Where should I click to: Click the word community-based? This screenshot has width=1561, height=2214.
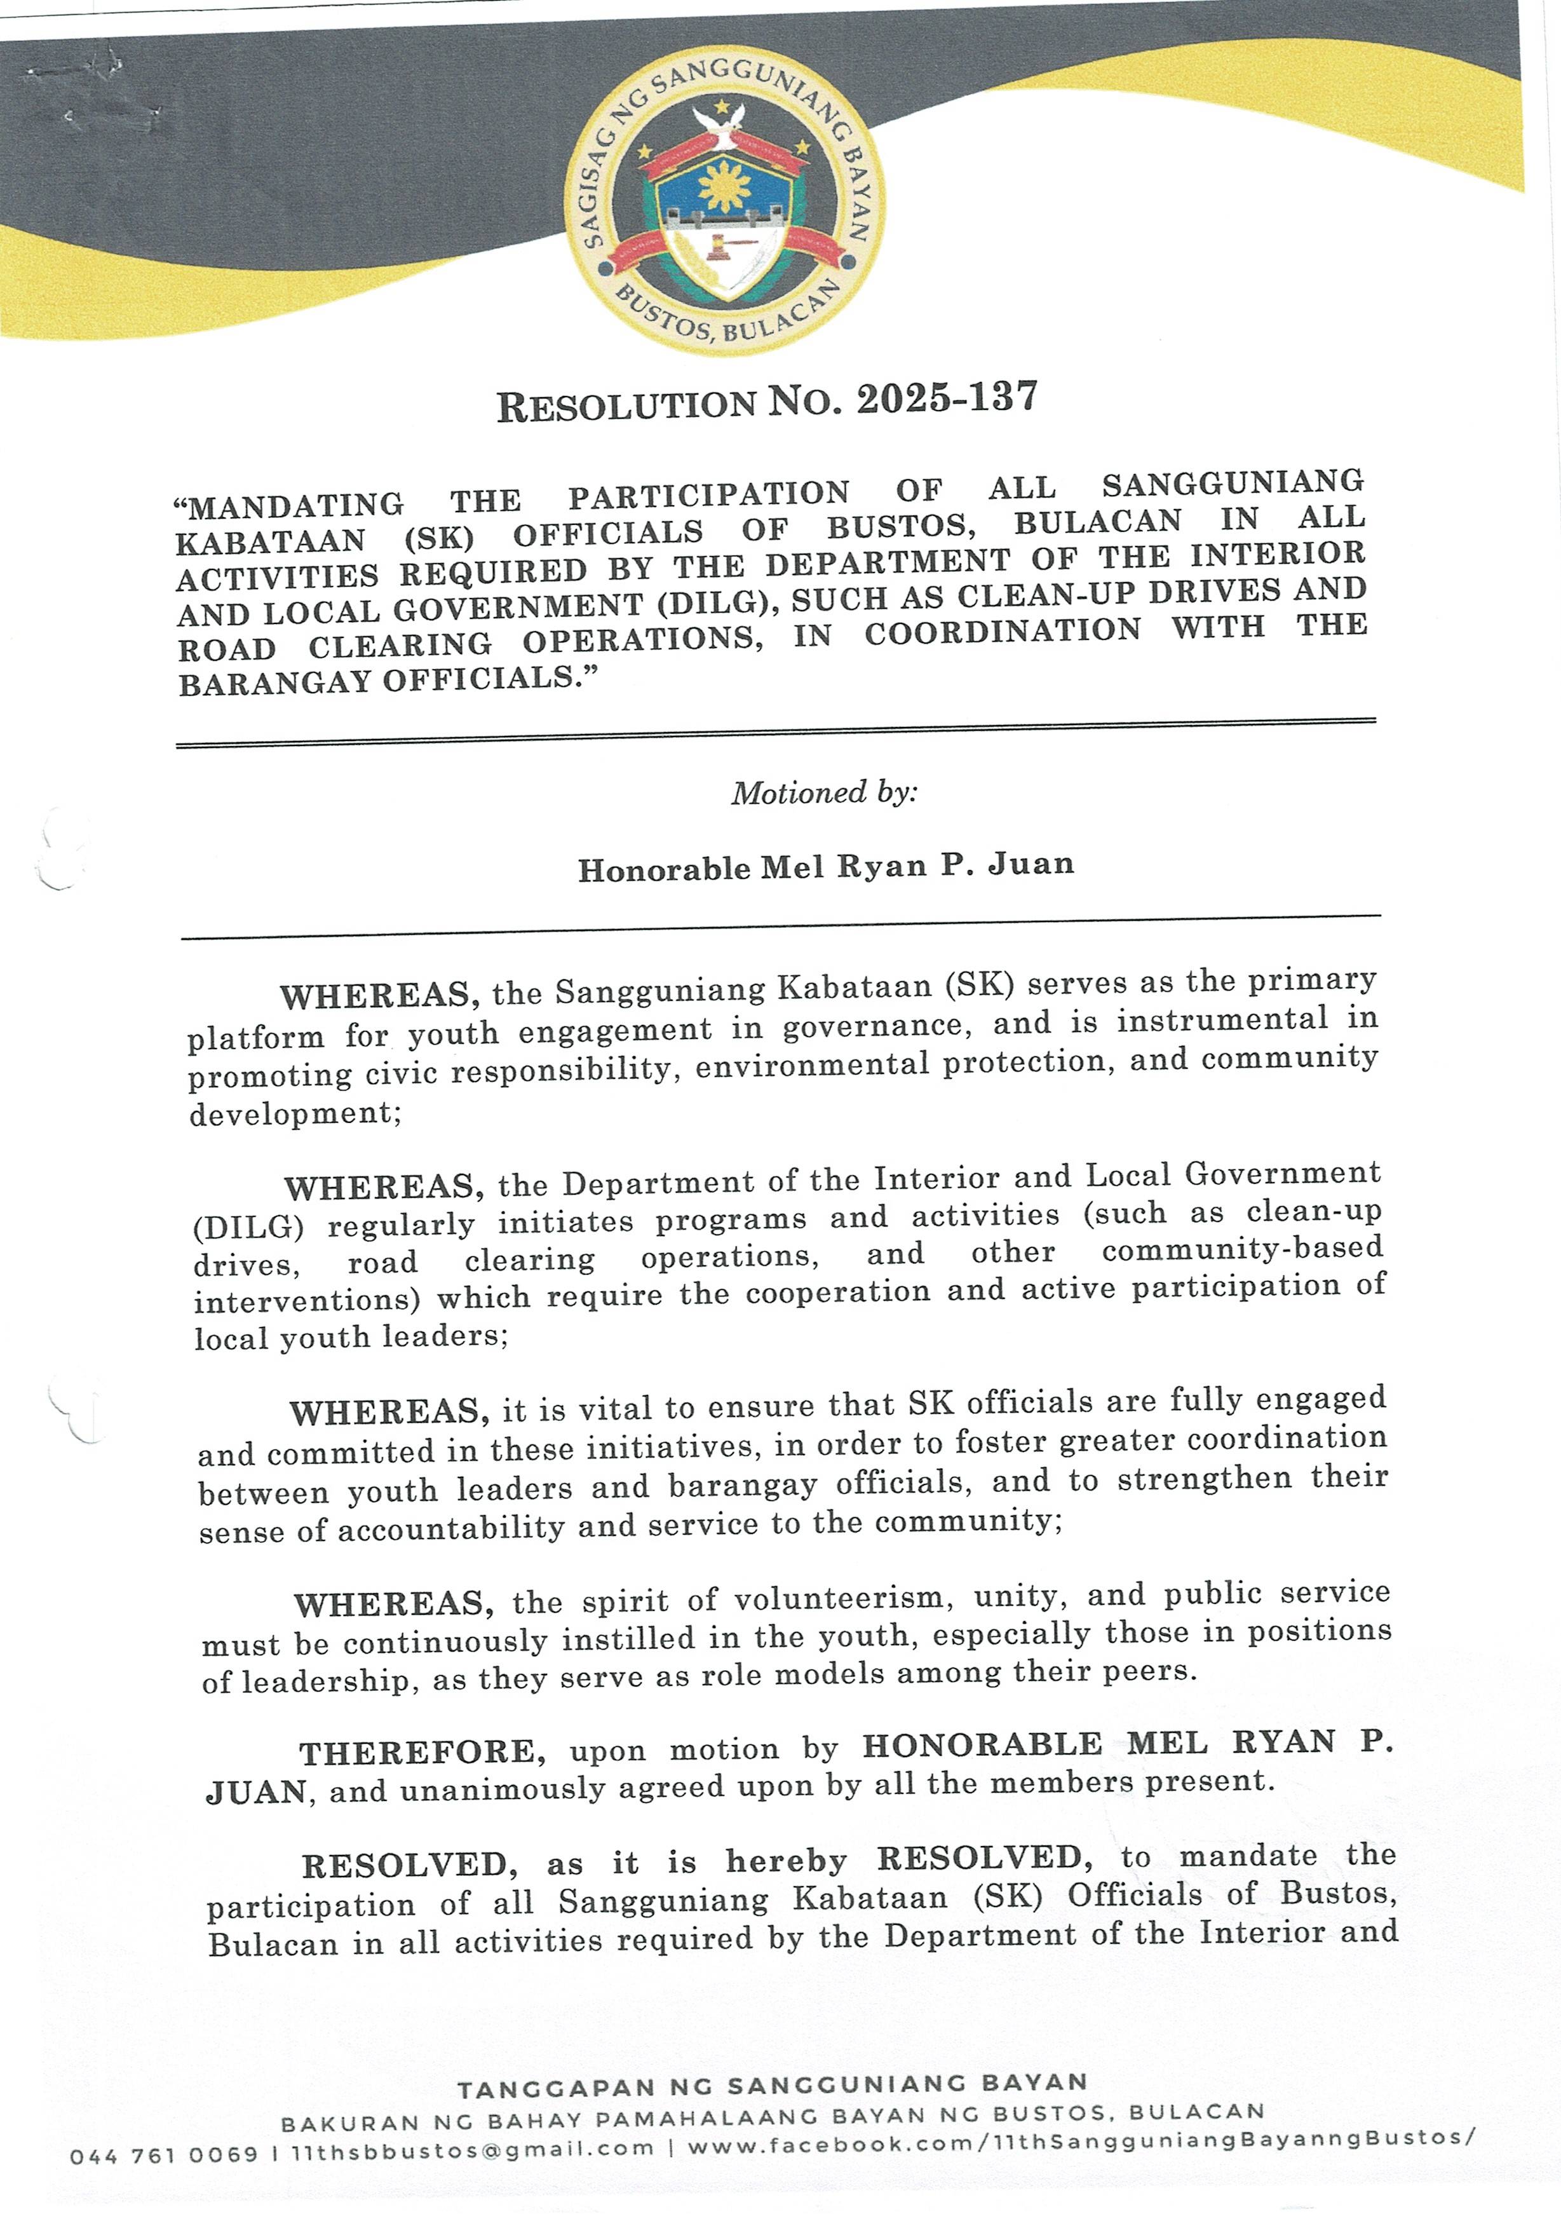click(1242, 1250)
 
